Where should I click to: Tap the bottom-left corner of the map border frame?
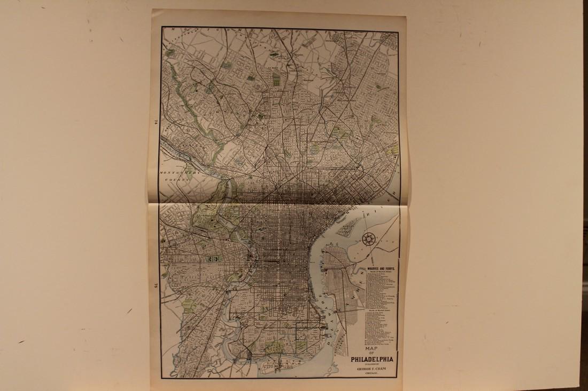click(161, 378)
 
